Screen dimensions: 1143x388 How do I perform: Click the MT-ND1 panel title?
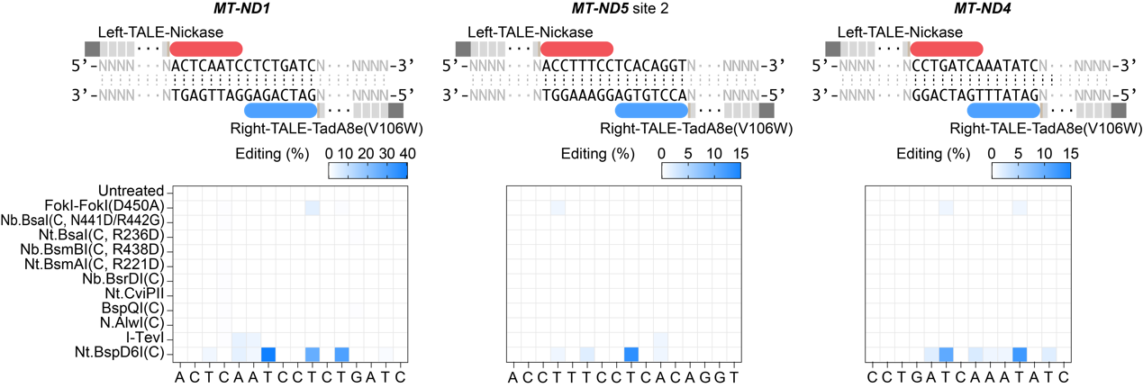(241, 8)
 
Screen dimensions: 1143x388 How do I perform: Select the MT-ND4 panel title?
(983, 8)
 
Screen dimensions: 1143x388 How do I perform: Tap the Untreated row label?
(132, 191)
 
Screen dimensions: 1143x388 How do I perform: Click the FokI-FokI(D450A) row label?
(104, 205)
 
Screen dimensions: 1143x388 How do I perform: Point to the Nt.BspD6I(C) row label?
(120, 352)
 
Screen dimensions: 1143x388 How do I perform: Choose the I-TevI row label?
(145, 338)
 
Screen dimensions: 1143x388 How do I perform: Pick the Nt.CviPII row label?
(135, 293)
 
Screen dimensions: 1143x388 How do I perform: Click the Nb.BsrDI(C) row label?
(123, 279)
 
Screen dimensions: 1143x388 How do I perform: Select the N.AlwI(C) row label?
(132, 323)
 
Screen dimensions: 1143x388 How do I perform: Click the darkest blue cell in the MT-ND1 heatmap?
(268, 354)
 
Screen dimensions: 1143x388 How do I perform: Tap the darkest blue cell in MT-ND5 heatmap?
(631, 354)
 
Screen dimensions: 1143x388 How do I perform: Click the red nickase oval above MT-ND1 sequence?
(206, 49)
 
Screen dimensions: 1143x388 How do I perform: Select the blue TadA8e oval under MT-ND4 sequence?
(1003, 110)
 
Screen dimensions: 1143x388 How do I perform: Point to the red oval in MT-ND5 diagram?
(576, 49)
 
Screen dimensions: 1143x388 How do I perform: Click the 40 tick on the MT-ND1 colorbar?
(407, 153)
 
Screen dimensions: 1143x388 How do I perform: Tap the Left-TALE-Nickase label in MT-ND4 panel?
(900, 32)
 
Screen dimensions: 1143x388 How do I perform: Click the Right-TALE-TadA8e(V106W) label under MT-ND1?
(327, 129)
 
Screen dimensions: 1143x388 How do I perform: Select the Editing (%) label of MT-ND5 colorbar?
(597, 153)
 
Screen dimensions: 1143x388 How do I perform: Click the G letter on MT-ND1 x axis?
(356, 377)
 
